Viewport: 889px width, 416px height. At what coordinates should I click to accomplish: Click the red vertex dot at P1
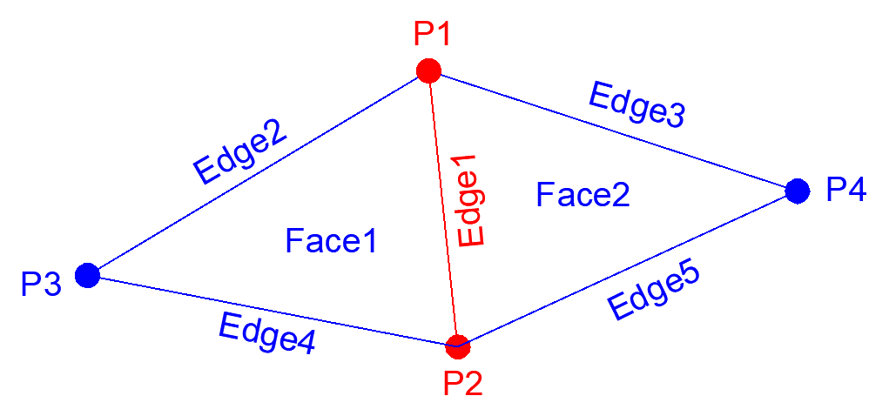428,70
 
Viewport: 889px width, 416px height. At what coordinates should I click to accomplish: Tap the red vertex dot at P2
456,346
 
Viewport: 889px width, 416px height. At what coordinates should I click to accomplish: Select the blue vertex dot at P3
87,275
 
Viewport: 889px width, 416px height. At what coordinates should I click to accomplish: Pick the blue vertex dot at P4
797,191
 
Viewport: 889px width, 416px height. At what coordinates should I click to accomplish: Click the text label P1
433,35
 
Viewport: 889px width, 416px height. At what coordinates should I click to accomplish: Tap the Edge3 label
636,104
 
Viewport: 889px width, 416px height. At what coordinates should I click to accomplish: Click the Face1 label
331,240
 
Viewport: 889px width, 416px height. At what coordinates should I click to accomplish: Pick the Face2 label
583,194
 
